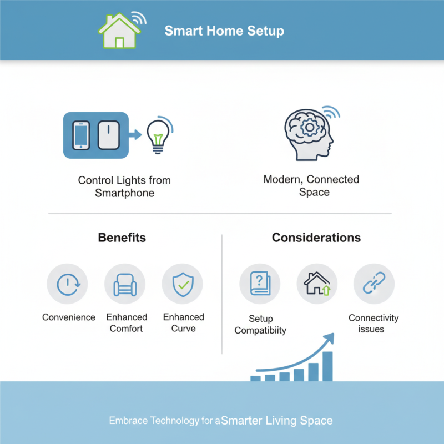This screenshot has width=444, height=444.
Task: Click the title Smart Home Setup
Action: [x=224, y=31]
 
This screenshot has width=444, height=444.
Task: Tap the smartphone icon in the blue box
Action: [x=82, y=135]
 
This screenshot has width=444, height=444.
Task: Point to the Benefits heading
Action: [x=122, y=238]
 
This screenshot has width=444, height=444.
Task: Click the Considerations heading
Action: [x=316, y=238]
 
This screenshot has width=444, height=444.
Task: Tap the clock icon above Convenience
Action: [x=68, y=284]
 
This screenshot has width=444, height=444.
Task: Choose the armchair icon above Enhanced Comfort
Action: [x=125, y=284]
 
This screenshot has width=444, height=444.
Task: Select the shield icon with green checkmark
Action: [x=182, y=284]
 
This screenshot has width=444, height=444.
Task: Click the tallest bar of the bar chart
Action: [x=327, y=366]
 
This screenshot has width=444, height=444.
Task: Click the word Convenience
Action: [x=69, y=317]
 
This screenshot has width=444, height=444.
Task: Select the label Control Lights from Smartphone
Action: [x=124, y=187]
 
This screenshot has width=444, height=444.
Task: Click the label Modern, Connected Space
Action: [x=311, y=186]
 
